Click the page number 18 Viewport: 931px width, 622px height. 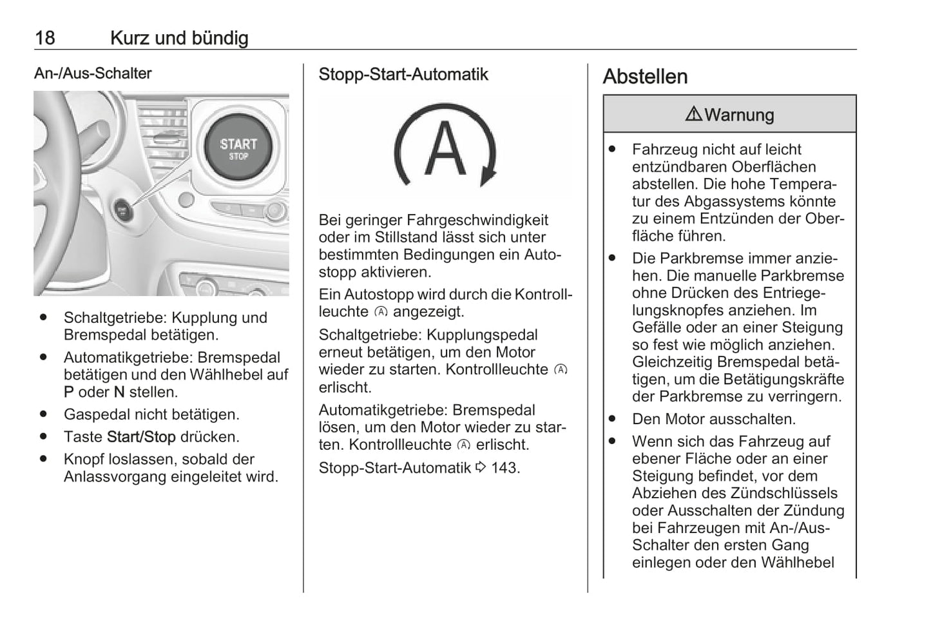44,38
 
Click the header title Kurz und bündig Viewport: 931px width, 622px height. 179,38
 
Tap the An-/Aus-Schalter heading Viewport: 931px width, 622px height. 93,73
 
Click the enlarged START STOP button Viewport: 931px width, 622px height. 238,148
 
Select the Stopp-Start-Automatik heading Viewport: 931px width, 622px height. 403,75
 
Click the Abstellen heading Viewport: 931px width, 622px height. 645,77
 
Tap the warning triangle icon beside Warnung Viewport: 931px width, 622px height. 693,115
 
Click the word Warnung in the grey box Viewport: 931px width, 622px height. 739,115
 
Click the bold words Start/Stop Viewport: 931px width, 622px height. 141,437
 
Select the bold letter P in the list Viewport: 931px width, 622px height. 68,393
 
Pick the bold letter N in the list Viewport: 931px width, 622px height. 119,393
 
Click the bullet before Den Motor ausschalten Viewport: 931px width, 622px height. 612,419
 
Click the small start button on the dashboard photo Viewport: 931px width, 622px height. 122,209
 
